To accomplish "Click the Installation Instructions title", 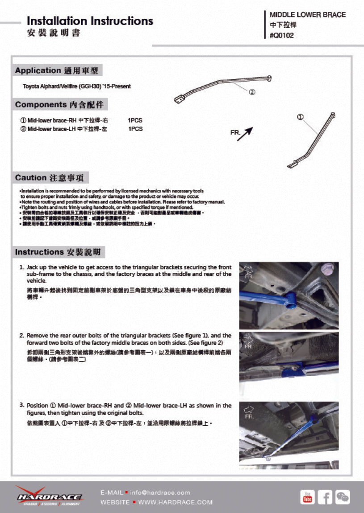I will (90, 21).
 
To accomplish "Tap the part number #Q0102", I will (282, 35).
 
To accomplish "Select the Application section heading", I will (57, 70).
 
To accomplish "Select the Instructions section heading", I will (58, 252).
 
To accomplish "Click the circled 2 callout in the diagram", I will (252, 92).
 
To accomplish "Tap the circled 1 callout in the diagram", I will (300, 117).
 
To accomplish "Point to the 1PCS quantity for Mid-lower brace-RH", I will (135, 120).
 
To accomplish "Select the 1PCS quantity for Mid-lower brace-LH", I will (135, 129).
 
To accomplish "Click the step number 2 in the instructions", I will (21, 335).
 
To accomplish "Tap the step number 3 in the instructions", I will (21, 405).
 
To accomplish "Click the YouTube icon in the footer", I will (307, 497).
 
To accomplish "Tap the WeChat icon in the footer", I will (343, 497).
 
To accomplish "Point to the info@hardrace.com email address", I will (160, 492).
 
